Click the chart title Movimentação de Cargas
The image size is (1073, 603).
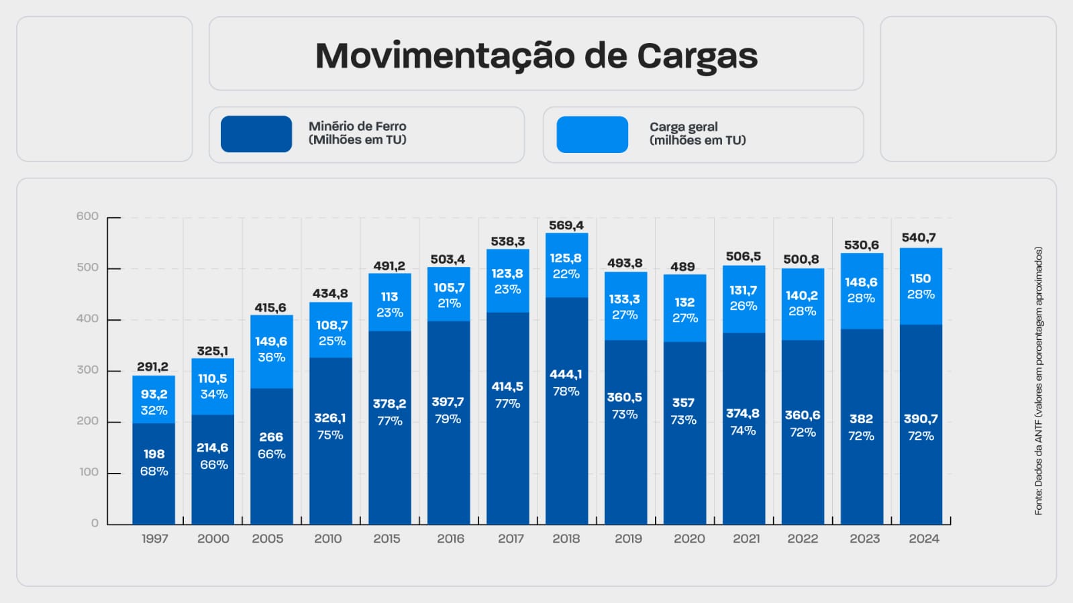[x=536, y=56]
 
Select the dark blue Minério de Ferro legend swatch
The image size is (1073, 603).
[x=256, y=134]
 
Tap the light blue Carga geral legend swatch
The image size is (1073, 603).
[x=592, y=134]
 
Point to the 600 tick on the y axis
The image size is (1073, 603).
[x=87, y=216]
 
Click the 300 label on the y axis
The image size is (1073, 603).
[x=87, y=370]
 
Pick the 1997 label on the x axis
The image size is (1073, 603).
[x=154, y=539]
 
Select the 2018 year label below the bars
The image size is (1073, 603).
[x=566, y=539]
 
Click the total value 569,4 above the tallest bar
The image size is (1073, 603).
[x=566, y=225]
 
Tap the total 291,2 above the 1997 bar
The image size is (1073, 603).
[x=153, y=367]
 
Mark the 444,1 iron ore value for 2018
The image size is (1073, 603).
[x=566, y=374]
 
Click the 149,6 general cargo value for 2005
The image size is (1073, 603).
[x=271, y=341]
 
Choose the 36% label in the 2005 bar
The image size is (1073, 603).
[x=271, y=358]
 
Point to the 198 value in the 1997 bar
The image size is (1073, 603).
[x=154, y=454]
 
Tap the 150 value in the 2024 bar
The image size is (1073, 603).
[x=921, y=278]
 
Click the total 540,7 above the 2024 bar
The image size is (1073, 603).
[x=919, y=237]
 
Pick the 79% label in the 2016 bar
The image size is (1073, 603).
[x=448, y=419]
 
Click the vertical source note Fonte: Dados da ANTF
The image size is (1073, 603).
[x=1039, y=380]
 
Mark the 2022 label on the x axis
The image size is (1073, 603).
[x=803, y=539]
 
